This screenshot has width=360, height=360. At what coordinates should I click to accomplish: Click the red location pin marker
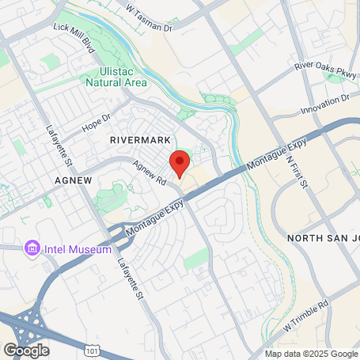(x=180, y=163)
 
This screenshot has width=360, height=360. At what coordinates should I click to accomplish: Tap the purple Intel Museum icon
(x=33, y=249)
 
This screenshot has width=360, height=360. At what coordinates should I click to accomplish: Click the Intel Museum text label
(x=78, y=249)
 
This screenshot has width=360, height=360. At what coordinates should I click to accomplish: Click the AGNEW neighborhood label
(x=73, y=180)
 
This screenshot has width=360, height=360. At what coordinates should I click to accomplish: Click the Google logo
(x=26, y=349)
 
